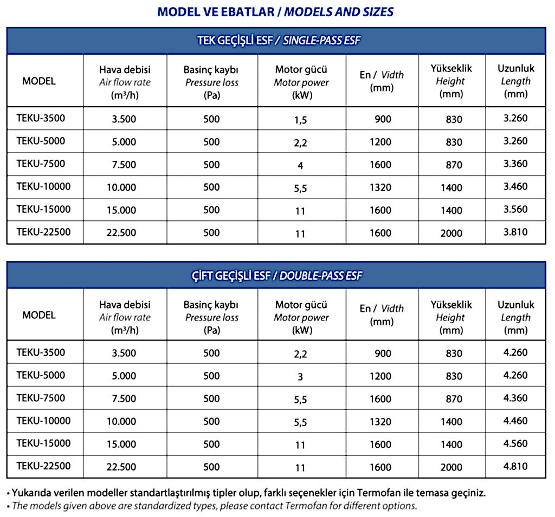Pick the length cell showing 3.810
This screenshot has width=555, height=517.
515,233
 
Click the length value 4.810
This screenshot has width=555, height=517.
515,467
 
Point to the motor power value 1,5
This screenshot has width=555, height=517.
301,120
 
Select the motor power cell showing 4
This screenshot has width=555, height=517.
301,165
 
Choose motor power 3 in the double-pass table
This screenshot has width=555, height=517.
301,376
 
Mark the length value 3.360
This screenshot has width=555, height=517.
515,165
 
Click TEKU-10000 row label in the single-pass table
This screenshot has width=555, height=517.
43,187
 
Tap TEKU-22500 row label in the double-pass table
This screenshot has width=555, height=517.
43,466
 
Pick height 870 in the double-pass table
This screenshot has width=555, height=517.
451,399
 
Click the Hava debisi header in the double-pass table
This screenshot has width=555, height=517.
125,305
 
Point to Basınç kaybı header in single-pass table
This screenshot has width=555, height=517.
211,70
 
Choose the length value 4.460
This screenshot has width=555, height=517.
515,421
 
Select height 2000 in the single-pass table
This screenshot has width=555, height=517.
451,233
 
